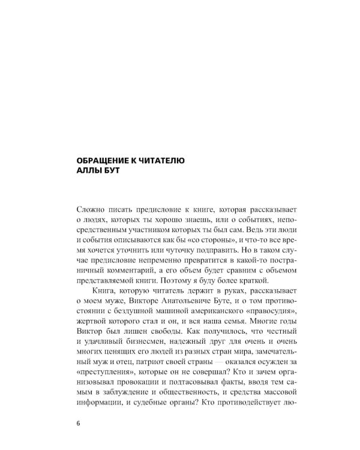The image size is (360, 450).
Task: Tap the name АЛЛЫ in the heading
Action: click(x=92, y=173)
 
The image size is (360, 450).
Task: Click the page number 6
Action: click(x=79, y=422)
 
